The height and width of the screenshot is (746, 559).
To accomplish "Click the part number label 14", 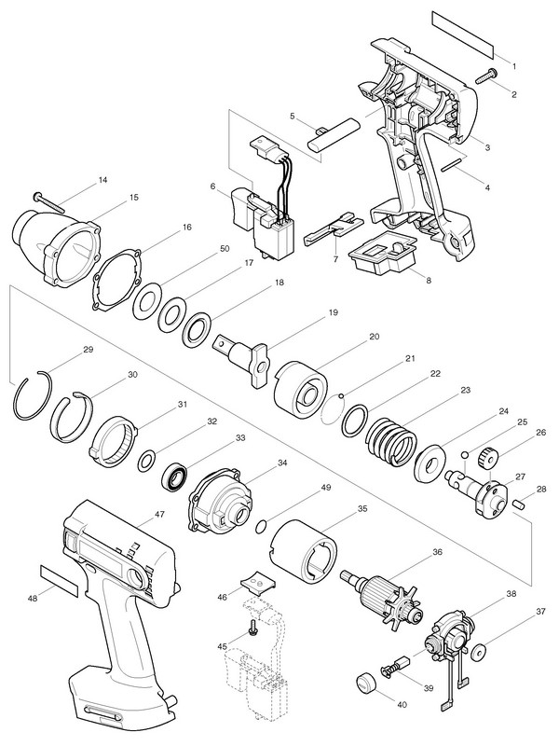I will click(102, 179).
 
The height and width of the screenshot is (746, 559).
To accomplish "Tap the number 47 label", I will click(159, 513).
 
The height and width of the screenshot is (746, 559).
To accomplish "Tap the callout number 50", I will click(223, 249).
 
